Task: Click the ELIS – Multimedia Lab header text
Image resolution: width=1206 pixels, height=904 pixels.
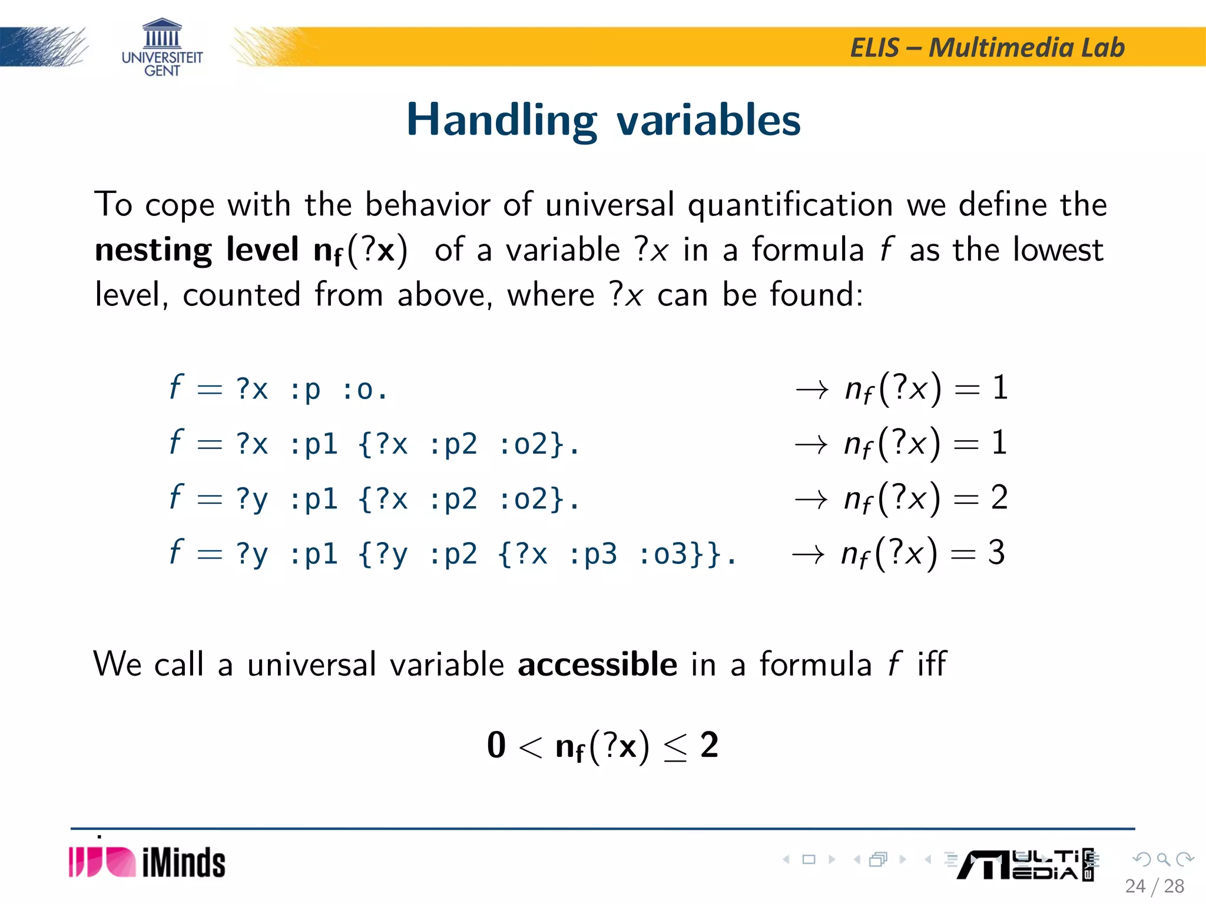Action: (x=987, y=48)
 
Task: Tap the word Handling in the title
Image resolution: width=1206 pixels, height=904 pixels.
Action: (x=501, y=121)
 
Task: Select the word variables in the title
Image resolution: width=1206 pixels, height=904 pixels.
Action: (x=708, y=121)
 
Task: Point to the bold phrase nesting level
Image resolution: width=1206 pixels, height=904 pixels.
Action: (x=197, y=250)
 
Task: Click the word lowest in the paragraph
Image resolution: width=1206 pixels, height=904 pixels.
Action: (x=1058, y=250)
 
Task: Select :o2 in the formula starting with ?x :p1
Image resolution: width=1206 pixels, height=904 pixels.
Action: (x=530, y=444)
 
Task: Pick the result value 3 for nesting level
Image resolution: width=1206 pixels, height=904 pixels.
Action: (x=996, y=553)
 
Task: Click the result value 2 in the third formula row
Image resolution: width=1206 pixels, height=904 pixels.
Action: (x=999, y=498)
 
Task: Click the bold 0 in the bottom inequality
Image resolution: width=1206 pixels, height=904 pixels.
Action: (x=496, y=746)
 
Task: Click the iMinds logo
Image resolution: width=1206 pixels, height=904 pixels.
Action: (x=147, y=863)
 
